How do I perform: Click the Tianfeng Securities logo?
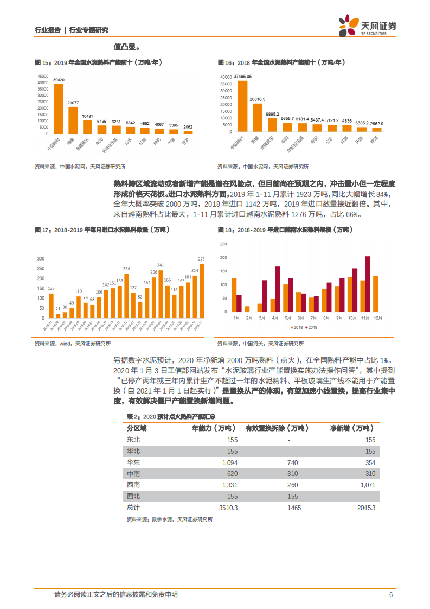367,26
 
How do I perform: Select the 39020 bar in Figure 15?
58,109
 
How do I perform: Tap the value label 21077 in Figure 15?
73,103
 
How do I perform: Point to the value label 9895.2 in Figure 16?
272,113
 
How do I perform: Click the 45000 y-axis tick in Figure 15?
42,76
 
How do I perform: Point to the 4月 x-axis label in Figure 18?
275,317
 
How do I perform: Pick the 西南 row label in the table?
133,484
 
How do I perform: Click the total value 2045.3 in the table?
364,507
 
